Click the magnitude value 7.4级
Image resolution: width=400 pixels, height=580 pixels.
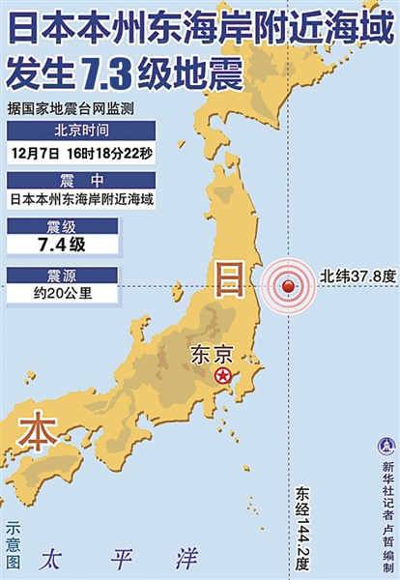point(63,246)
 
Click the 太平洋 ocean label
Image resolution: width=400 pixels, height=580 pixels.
point(119,558)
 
